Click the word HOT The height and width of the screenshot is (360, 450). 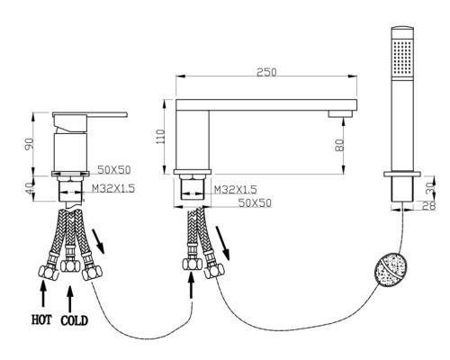[41, 319]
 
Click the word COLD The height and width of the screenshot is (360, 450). [75, 320]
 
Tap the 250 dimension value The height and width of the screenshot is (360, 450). [266, 72]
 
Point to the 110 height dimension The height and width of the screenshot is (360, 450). [161, 137]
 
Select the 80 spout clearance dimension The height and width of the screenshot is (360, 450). [339, 145]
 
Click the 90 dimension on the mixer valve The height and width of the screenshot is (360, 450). [30, 143]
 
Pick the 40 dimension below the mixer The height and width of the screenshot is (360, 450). [30, 188]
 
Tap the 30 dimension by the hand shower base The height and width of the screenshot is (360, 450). [430, 188]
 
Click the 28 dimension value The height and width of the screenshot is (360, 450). [429, 206]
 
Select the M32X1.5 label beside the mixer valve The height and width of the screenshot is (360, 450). [113, 188]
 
